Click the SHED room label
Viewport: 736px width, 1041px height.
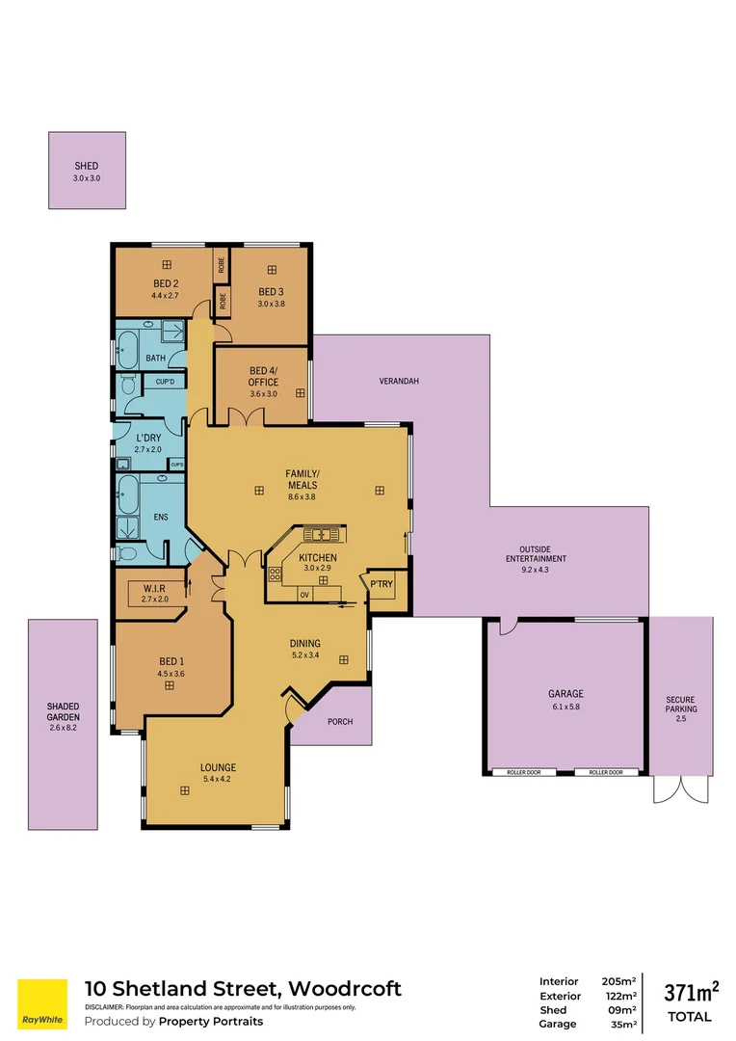click(x=87, y=166)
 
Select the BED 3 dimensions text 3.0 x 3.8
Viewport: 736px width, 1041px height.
click(x=272, y=304)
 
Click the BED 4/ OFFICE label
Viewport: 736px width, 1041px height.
click(x=263, y=376)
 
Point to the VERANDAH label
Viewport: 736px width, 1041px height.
click(x=400, y=382)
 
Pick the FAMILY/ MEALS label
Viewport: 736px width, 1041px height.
click(x=302, y=478)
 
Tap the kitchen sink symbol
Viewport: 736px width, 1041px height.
click(x=319, y=533)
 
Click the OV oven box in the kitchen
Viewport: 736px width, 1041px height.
click(x=303, y=594)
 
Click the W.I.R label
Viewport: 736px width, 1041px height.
click(x=155, y=588)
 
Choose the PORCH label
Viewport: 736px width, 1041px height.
click(x=340, y=721)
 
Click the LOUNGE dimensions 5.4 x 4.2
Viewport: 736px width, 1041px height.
click(x=219, y=779)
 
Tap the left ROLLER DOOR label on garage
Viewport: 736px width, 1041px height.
click(x=523, y=772)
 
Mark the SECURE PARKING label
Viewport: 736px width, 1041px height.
click(x=680, y=705)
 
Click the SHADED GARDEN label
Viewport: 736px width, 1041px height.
click(x=63, y=711)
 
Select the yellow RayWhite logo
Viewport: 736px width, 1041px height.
click(x=42, y=1003)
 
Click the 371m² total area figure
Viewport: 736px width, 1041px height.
click(x=692, y=993)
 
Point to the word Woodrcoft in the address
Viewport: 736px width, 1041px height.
click(x=344, y=988)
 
